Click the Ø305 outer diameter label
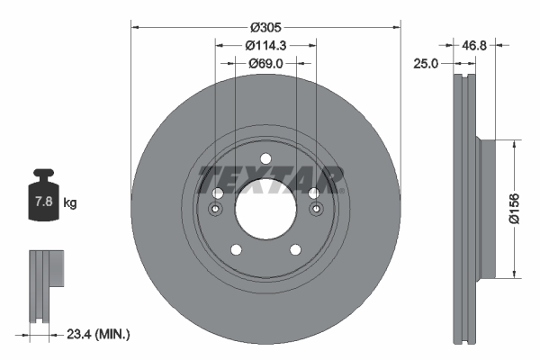(x=265, y=27)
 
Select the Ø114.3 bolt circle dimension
(x=265, y=45)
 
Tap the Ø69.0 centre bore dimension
(x=265, y=64)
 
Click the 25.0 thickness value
(x=427, y=64)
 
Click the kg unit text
(x=70, y=202)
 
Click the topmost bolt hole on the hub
(x=265, y=159)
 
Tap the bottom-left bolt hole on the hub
(x=236, y=249)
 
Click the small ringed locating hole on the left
(x=215, y=210)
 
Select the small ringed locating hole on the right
(x=316, y=210)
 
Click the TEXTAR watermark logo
(x=270, y=179)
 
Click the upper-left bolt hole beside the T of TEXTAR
(x=217, y=193)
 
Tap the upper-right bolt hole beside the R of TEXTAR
(x=313, y=193)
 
